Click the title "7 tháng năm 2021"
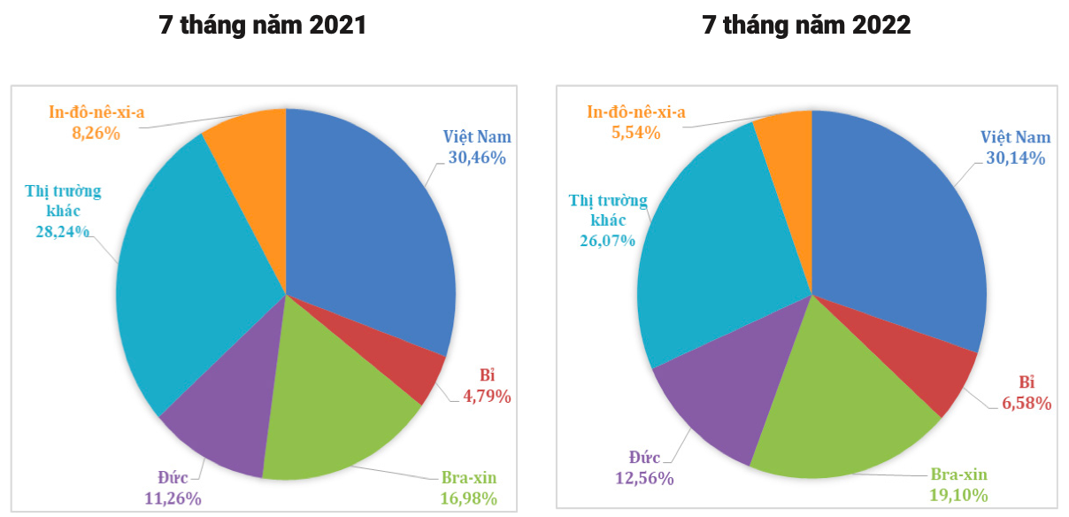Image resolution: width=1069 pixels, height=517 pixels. coord(262,26)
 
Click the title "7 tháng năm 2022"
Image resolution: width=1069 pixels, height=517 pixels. coord(806,26)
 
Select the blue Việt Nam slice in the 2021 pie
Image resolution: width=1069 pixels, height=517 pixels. coord(372,221)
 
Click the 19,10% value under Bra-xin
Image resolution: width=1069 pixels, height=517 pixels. coord(958,495)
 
